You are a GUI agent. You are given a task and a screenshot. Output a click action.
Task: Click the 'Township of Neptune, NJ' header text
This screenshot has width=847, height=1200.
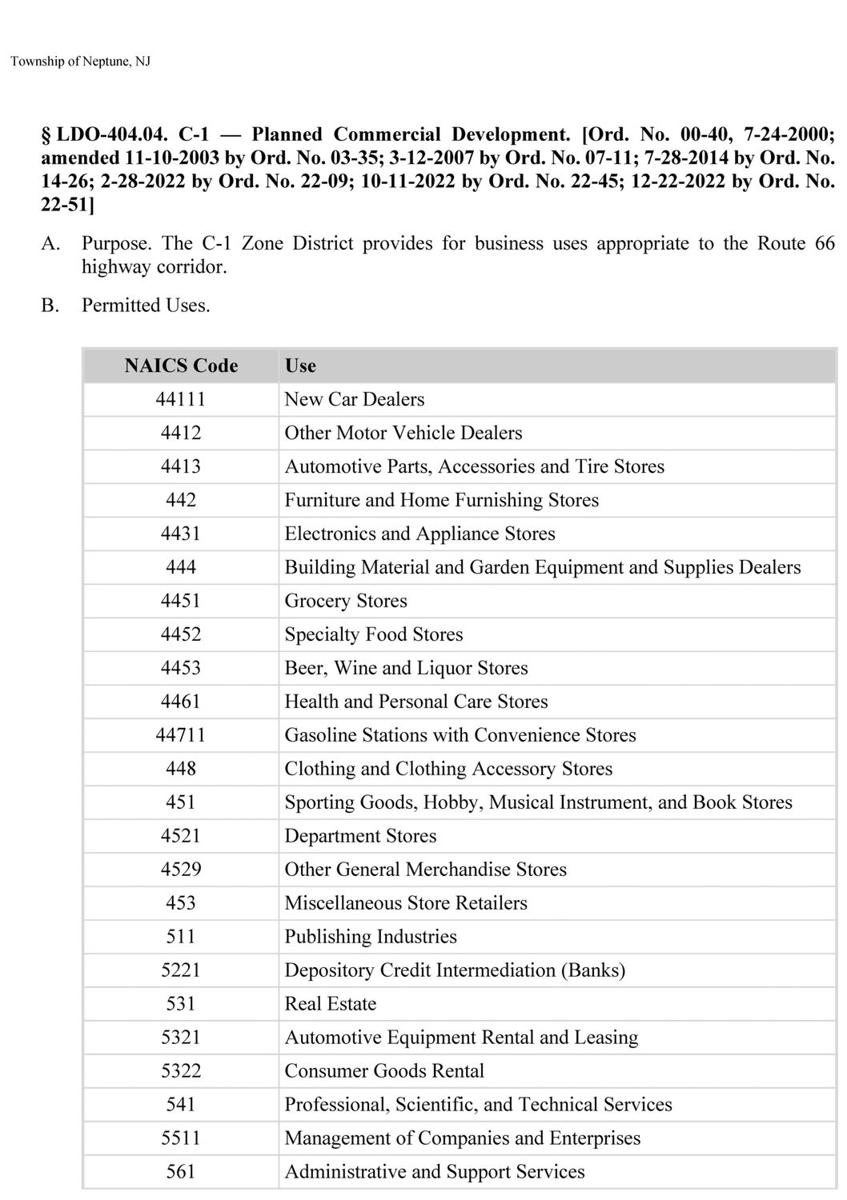click(x=80, y=62)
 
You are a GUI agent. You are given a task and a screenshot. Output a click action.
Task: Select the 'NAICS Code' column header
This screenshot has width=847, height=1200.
click(x=181, y=366)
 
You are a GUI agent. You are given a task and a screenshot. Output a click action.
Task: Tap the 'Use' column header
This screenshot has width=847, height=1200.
click(x=300, y=366)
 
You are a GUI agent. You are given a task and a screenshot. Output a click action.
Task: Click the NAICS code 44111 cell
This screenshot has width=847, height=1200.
click(x=181, y=399)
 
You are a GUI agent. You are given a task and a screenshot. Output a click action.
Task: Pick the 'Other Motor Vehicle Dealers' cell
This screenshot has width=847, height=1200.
click(x=403, y=433)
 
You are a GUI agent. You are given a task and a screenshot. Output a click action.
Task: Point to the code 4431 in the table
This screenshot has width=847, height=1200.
click(x=181, y=534)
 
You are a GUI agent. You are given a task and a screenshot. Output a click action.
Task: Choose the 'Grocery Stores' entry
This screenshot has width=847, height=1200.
click(x=346, y=601)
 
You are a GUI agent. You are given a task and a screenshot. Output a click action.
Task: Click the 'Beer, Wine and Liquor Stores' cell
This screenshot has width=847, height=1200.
click(x=406, y=668)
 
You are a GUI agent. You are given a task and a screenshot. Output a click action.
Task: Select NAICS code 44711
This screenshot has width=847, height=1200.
click(x=181, y=735)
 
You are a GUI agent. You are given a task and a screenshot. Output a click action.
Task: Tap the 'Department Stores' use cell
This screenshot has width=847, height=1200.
click(x=360, y=836)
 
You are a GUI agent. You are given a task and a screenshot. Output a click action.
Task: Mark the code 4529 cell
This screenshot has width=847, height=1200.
click(x=181, y=870)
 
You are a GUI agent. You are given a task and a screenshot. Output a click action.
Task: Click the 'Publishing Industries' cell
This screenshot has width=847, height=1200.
click(x=371, y=937)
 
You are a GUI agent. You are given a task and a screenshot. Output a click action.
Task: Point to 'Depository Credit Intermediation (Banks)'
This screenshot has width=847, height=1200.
click(x=455, y=970)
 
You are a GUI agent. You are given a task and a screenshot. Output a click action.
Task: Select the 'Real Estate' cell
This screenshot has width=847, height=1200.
click(x=330, y=1004)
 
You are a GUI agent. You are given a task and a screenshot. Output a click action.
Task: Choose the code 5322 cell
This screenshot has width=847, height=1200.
click(x=181, y=1071)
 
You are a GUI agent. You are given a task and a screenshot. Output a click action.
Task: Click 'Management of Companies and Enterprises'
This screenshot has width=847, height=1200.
click(x=463, y=1138)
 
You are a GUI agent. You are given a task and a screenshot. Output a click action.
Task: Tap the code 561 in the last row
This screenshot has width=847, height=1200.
click(x=181, y=1172)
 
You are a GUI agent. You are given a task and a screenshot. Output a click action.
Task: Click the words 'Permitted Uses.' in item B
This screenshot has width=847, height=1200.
click(x=146, y=306)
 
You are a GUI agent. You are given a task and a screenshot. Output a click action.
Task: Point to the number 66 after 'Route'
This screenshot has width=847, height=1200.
click(x=825, y=243)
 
